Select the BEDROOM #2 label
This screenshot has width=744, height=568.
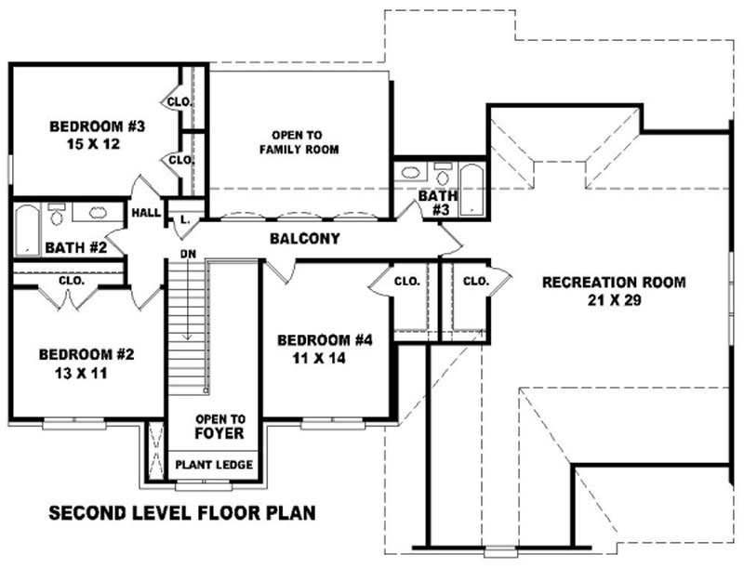point(86,354)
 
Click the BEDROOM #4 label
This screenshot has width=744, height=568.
point(325,340)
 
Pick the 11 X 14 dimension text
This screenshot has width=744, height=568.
point(325,358)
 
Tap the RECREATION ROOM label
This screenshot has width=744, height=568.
point(614,282)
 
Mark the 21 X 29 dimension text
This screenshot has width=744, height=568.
point(614,300)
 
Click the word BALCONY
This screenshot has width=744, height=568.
point(304,239)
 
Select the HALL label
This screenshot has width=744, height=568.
point(146,213)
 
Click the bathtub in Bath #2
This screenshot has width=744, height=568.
point(26,230)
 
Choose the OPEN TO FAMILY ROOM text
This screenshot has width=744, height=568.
point(299,141)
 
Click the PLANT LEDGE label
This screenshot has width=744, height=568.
point(213,465)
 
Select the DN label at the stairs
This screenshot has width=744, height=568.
point(187,253)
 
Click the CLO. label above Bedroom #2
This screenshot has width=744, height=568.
point(72,280)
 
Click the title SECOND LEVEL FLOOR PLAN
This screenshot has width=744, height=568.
point(182,512)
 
